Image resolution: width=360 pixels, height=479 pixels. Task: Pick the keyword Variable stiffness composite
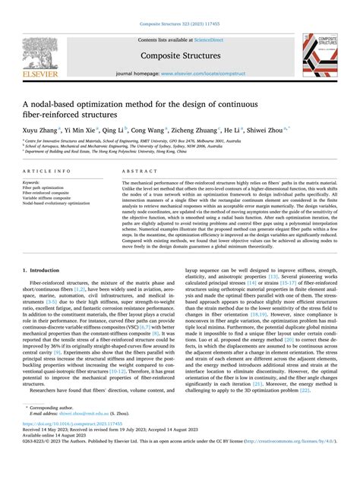pos(47,198)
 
